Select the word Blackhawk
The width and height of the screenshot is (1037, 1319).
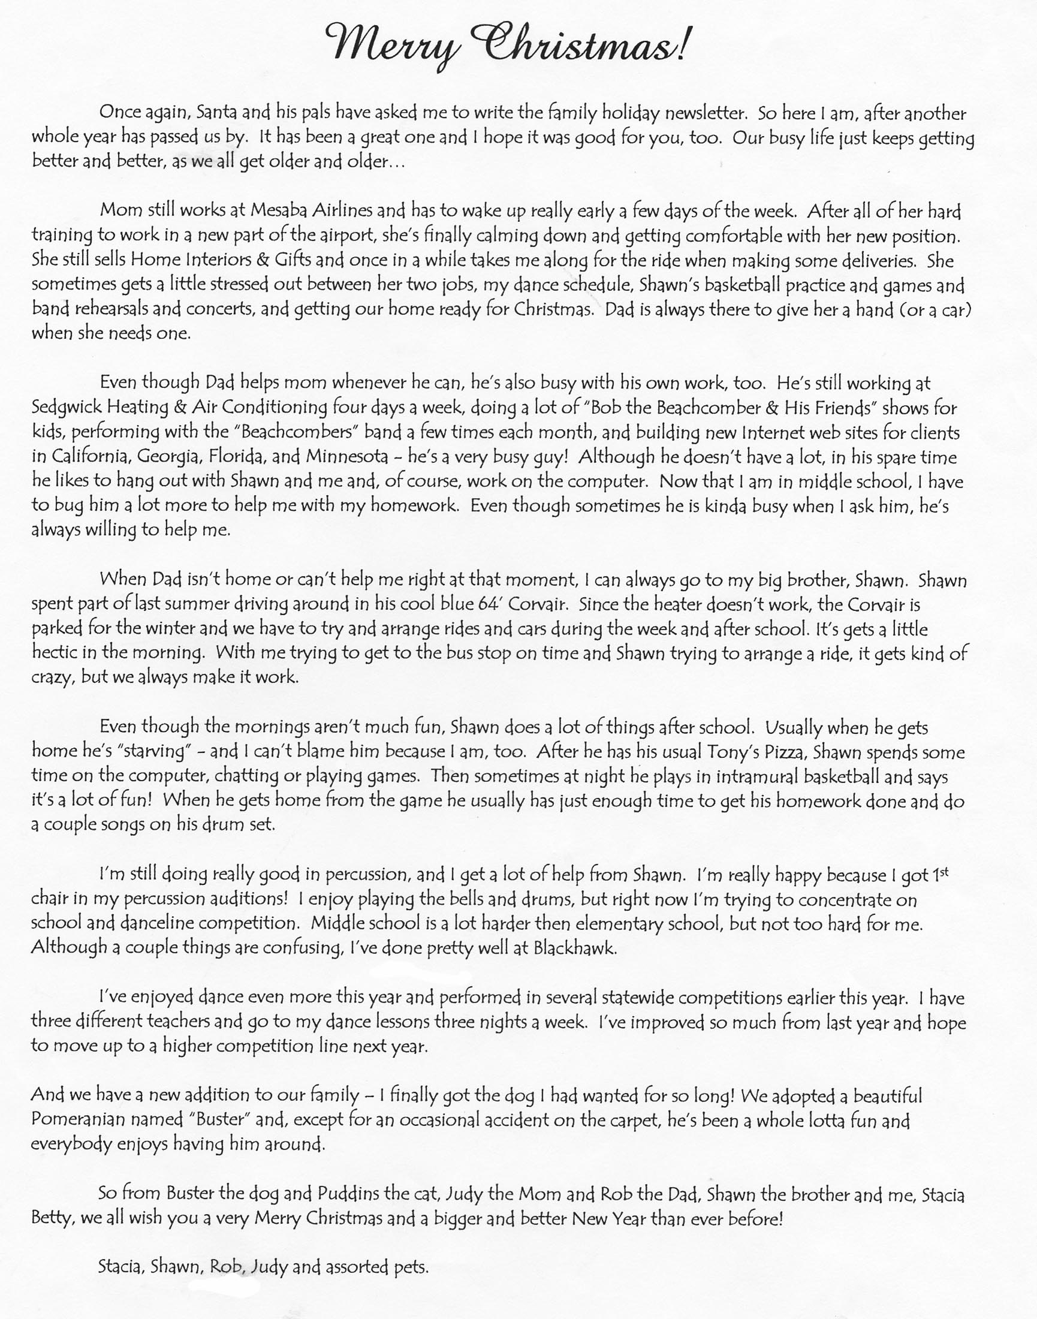coord(574,948)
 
